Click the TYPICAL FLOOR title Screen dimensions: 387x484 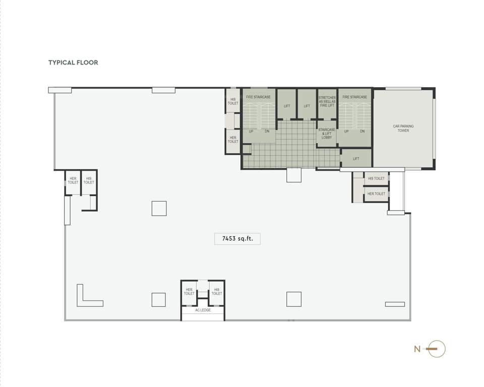tap(73, 62)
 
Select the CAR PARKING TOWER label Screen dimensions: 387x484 tap(403, 128)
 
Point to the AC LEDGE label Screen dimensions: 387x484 tap(203, 310)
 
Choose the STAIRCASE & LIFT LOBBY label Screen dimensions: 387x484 tap(327, 134)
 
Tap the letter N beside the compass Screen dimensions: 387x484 tap(417, 349)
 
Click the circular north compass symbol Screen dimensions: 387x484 tap(437, 349)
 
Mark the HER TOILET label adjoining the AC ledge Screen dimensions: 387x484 tap(189, 291)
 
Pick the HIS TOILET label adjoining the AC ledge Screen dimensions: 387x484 tap(217, 291)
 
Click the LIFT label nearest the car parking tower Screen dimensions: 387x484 tap(356, 159)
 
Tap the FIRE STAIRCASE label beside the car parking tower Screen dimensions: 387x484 tap(354, 97)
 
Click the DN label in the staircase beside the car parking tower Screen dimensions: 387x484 tap(362, 131)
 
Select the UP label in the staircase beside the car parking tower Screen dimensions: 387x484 tap(346, 131)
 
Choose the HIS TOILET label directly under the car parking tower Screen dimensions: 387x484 tap(376, 178)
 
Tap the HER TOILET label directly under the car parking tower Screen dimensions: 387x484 tap(376, 193)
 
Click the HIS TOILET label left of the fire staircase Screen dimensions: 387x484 tap(233, 101)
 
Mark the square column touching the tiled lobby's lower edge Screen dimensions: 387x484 tap(293, 175)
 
